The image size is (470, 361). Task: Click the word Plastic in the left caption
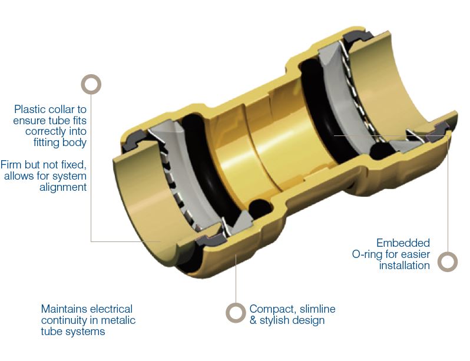coord(29,109)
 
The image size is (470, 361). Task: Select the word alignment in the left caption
coord(63,187)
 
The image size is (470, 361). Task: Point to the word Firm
coord(11,165)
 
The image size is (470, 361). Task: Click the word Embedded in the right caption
coord(403,243)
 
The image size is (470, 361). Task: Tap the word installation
coord(405,265)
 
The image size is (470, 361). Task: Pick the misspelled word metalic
coord(118,320)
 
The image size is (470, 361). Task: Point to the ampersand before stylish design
coord(253,320)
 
